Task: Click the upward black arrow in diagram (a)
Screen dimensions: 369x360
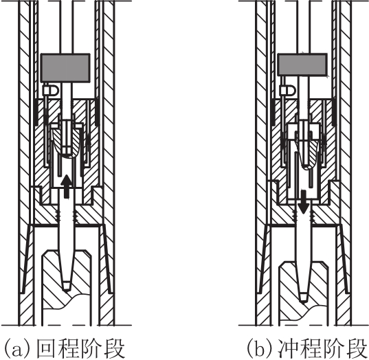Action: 67,186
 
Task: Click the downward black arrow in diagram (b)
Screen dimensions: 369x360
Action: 304,202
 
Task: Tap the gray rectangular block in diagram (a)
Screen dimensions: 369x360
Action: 65,68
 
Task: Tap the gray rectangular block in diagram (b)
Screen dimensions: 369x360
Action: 302,65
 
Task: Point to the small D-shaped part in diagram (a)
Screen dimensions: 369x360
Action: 51,91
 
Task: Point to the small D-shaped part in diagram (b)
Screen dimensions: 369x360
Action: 288,91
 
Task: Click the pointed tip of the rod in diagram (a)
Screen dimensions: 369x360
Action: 67,289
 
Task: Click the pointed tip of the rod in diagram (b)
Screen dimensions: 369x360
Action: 304,300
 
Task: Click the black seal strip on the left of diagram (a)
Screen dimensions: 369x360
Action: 36,113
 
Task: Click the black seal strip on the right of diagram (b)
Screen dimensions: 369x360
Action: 333,113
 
